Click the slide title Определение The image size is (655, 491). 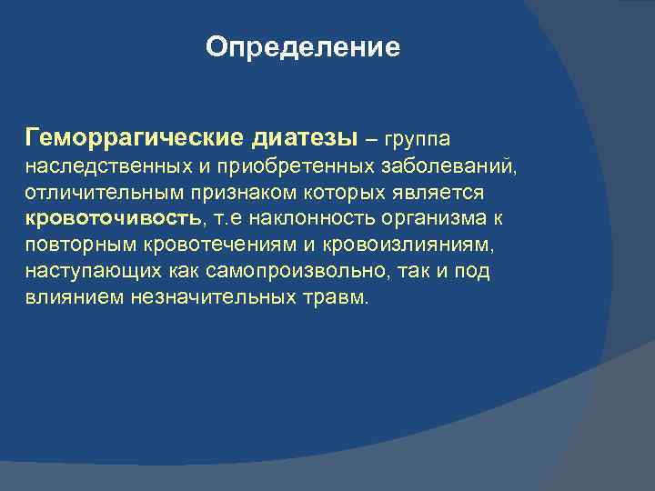pyautogui.click(x=303, y=47)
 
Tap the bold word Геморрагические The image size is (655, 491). pyautogui.click(x=134, y=138)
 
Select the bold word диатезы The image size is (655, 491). pyautogui.click(x=304, y=138)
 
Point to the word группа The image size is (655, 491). pyautogui.click(x=418, y=140)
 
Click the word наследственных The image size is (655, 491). pyautogui.click(x=94, y=167)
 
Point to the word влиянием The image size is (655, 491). pyautogui.click(x=64, y=297)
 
